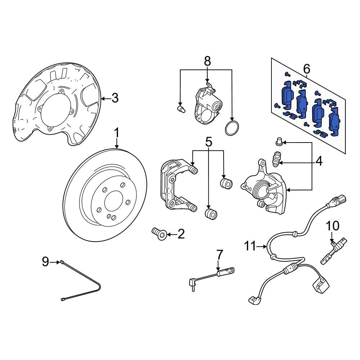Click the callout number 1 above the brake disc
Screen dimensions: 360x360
tap(117, 133)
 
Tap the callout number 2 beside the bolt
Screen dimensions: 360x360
tap(181, 235)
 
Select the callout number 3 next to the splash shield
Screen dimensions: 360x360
tap(114, 98)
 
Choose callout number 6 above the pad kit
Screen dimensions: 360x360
tap(307, 68)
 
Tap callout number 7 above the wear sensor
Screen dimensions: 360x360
tap(220, 255)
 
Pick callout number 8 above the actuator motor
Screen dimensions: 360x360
tap(207, 61)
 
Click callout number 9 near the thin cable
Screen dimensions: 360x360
tap(45, 262)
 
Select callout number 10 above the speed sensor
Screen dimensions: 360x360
tap(333, 226)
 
